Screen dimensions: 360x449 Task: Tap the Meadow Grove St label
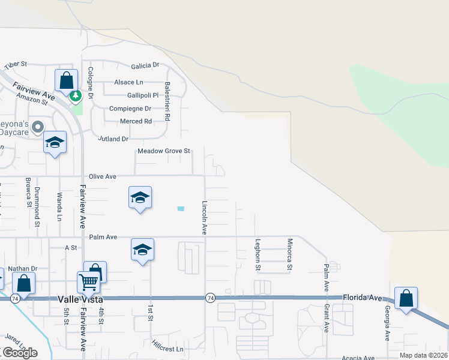(164, 151)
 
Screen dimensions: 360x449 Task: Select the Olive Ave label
(102, 176)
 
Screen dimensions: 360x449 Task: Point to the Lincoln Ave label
(204, 217)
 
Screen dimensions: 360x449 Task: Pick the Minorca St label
(289, 253)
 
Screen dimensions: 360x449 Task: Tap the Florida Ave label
(363, 297)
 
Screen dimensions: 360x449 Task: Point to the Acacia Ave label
(358, 358)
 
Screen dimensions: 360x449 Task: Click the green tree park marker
(76, 96)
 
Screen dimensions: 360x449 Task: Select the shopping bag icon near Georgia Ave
(406, 298)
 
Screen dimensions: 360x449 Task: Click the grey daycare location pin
(38, 127)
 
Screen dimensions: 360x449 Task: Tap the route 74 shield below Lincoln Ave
(210, 298)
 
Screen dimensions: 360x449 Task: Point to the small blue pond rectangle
(181, 208)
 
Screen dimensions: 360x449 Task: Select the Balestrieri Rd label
(167, 102)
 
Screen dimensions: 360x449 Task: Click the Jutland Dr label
(113, 139)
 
